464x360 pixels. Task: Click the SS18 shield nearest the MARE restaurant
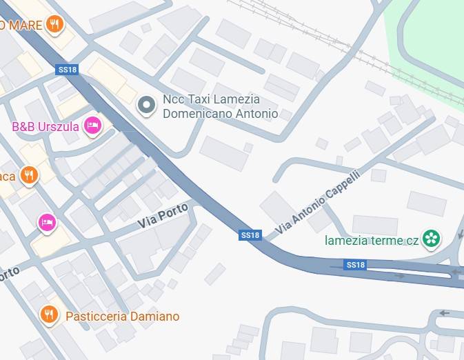coord(67,70)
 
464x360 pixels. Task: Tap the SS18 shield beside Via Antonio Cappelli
coord(251,235)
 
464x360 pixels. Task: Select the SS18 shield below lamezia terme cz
coord(356,265)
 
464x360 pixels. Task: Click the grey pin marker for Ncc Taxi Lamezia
coord(146,106)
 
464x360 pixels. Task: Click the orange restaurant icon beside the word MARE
coord(55,25)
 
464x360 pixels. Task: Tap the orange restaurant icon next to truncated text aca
coord(28,175)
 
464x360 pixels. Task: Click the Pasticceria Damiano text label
coord(122,317)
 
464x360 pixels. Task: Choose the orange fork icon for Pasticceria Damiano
coord(48,315)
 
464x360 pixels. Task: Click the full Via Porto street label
coord(163,219)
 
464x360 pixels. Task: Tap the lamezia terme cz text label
coord(372,241)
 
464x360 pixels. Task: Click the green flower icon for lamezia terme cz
coord(432,239)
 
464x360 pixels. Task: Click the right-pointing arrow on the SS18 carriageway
coord(399,276)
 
